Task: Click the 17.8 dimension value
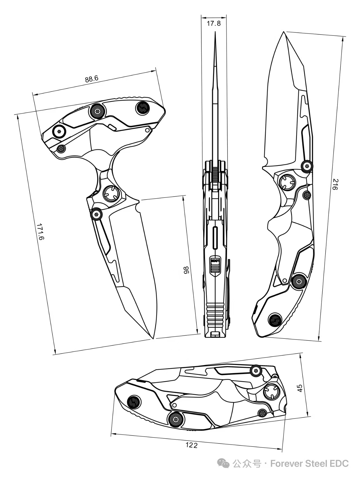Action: tap(214, 23)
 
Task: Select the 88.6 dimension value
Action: tap(92, 79)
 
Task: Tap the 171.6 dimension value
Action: tap(40, 232)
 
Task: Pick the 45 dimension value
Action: tap(300, 388)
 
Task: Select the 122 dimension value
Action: tap(192, 445)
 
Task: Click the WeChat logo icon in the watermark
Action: tap(224, 464)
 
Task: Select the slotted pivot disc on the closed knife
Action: tap(272, 391)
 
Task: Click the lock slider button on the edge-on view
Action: tap(215, 264)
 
